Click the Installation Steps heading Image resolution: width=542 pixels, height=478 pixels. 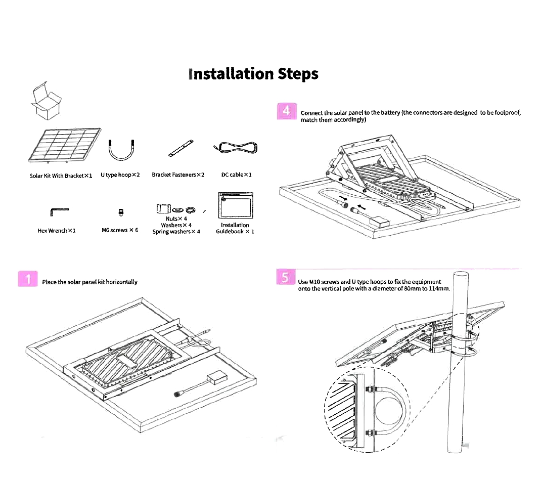point(253,74)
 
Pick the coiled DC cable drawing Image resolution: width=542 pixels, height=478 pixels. point(236,148)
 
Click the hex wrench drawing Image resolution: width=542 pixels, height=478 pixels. point(56,210)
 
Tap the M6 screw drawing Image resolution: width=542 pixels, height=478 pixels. point(121,211)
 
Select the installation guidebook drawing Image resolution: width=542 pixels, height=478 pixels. point(235,206)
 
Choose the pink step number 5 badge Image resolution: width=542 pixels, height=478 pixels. point(286,278)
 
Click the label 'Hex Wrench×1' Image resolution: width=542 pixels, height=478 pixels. point(57,231)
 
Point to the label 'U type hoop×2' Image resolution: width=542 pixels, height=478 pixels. point(120,175)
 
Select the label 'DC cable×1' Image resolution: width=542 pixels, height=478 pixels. point(236,175)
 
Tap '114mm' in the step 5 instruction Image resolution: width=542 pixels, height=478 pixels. point(438,288)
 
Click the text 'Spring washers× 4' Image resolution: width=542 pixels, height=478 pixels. point(176,232)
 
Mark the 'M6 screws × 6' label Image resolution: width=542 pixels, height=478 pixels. point(120,230)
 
